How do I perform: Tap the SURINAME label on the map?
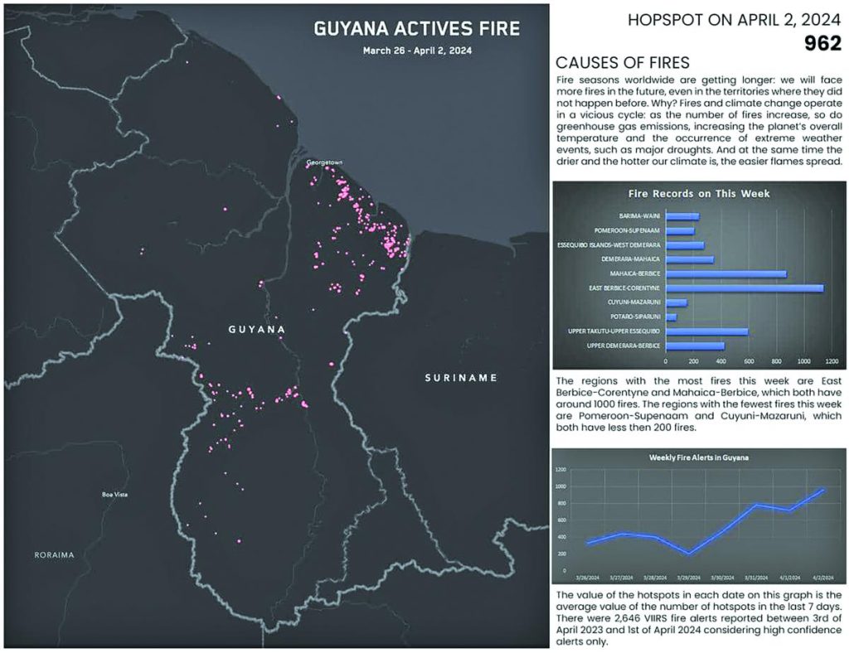460,378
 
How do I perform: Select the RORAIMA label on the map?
55,554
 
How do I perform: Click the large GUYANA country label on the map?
256,330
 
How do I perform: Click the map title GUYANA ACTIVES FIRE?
416,30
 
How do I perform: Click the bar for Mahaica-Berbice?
725,273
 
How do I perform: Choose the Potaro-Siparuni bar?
671,317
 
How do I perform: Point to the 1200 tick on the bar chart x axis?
832,361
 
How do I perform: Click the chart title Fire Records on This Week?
698,194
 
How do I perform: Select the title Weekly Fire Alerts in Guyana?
699,457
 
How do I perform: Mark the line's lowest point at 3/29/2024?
687,554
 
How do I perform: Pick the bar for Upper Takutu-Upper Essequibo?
706,331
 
